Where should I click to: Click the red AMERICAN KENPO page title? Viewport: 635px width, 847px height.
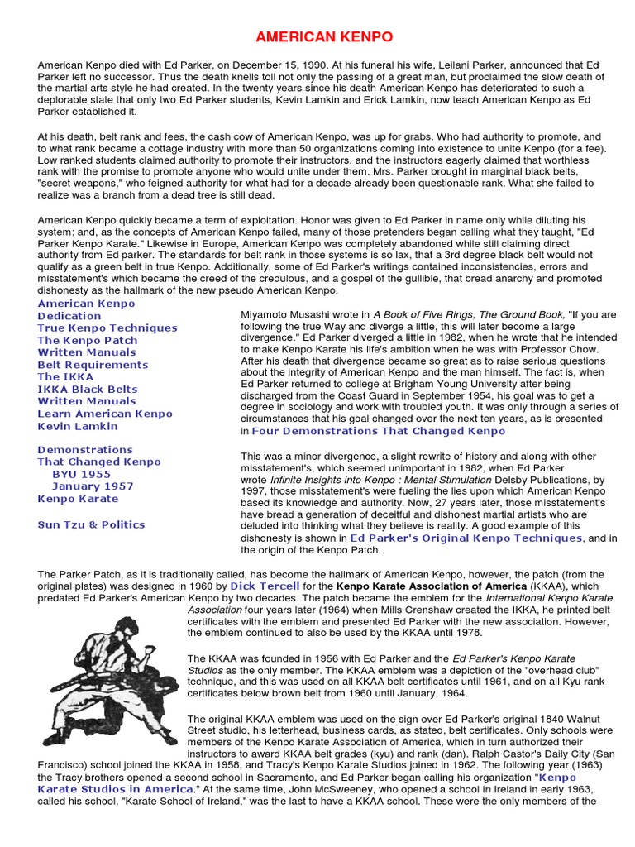317,37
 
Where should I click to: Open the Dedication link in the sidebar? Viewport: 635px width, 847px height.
69,316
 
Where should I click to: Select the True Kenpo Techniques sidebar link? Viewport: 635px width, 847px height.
107,328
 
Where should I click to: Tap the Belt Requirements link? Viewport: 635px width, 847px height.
93,365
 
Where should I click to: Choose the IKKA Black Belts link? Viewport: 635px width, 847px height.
86,390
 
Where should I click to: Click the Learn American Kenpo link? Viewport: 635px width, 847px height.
105,414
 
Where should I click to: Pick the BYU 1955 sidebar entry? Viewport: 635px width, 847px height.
81,475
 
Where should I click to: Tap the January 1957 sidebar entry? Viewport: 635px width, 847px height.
93,487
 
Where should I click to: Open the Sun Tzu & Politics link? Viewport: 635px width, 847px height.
91,524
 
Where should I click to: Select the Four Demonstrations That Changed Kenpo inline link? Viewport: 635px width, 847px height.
378,431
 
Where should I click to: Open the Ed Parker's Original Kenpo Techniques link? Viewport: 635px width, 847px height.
466,538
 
